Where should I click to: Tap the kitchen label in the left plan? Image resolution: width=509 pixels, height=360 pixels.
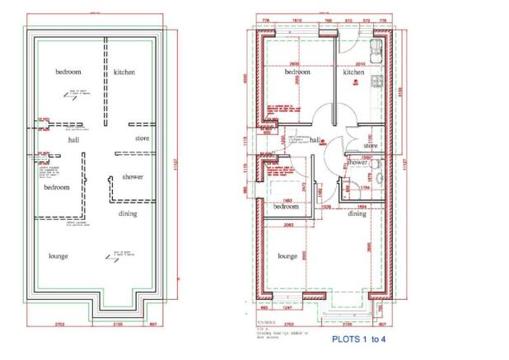(x=124, y=72)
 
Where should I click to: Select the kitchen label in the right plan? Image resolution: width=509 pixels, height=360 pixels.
(x=353, y=72)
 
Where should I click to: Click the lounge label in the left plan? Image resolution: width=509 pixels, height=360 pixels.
(x=58, y=256)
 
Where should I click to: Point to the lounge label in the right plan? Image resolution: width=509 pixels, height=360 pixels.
(x=287, y=256)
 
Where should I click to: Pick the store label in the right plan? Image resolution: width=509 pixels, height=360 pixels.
(x=371, y=146)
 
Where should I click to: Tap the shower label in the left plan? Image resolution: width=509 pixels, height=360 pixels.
(x=133, y=177)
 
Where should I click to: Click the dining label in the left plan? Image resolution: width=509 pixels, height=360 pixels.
(x=128, y=214)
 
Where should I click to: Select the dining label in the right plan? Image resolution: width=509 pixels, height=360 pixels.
(x=357, y=214)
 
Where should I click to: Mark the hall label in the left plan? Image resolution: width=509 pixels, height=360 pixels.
(x=73, y=140)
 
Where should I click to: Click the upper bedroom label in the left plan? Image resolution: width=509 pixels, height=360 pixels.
(x=68, y=72)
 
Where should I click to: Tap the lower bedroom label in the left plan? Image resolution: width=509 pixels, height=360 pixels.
(x=57, y=187)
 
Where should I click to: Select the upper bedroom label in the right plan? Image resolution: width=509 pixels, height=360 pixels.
(x=297, y=72)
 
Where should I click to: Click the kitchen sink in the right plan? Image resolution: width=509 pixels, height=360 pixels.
(x=376, y=45)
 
